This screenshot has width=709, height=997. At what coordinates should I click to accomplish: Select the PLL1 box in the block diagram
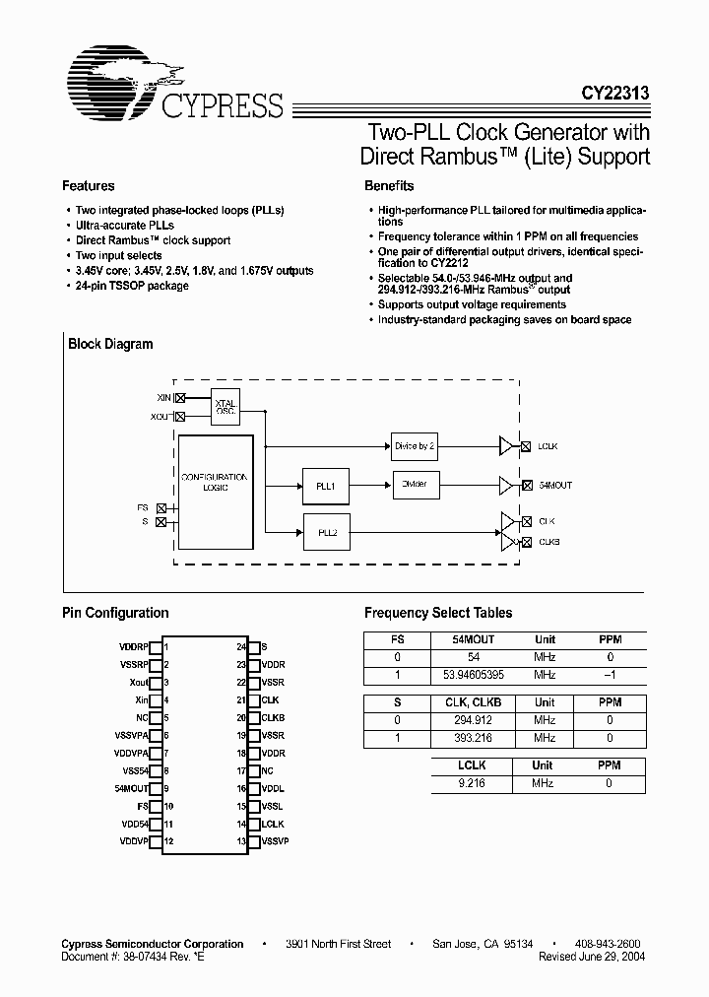click(325, 486)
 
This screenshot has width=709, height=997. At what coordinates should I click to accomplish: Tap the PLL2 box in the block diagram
click(327, 532)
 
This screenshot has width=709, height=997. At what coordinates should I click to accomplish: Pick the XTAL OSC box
click(226, 405)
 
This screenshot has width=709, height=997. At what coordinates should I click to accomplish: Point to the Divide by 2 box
click(414, 445)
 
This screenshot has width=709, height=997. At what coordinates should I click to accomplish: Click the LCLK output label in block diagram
click(548, 446)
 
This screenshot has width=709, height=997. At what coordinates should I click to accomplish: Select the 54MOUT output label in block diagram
click(554, 486)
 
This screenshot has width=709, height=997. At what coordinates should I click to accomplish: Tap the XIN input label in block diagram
click(163, 397)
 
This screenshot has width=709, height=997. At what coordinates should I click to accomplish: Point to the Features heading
click(89, 185)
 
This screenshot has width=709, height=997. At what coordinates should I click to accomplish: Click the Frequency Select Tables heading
click(438, 613)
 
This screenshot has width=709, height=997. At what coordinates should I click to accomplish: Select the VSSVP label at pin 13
click(275, 840)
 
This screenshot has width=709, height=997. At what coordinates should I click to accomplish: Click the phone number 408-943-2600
click(608, 944)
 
